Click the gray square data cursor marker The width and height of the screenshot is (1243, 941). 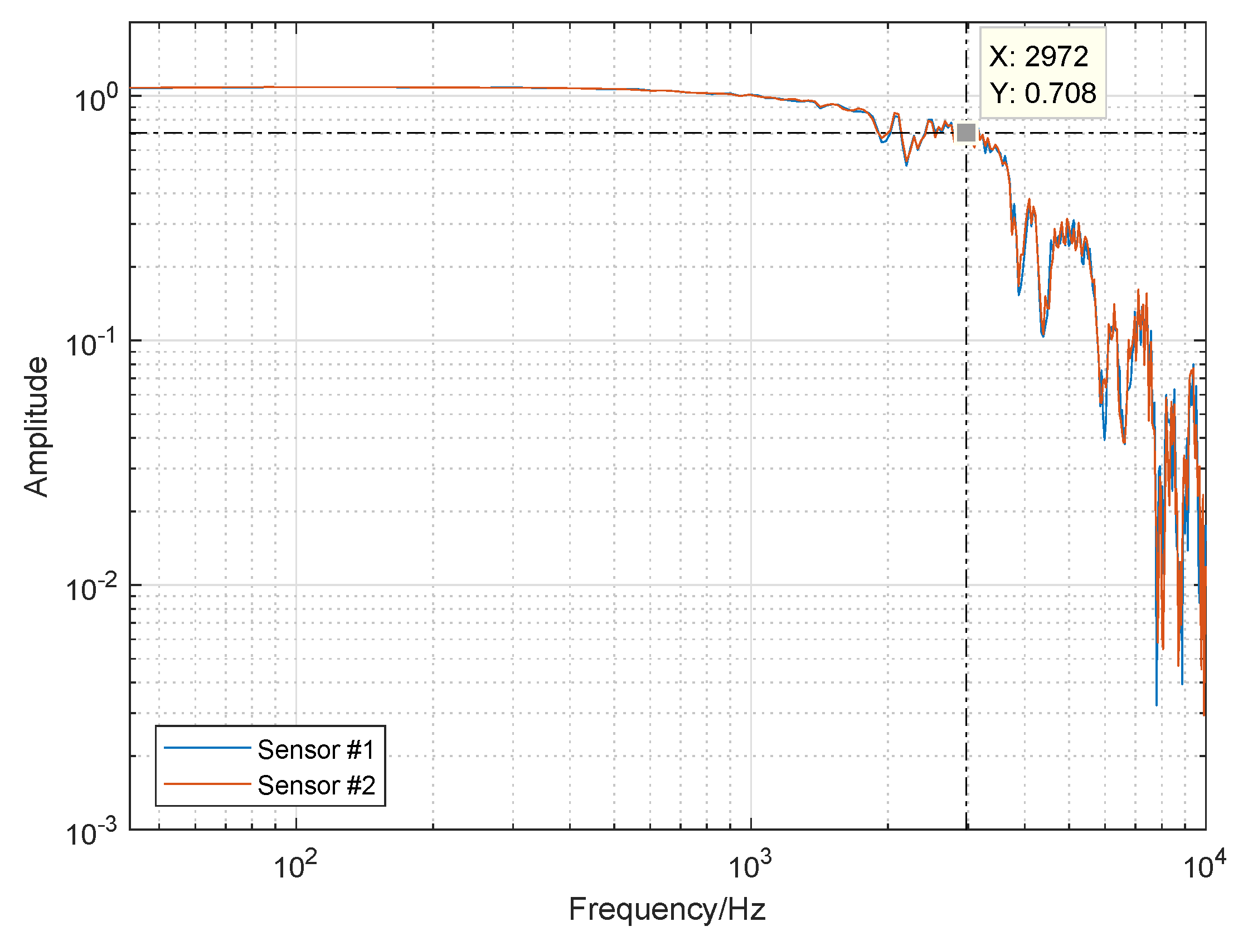point(966,133)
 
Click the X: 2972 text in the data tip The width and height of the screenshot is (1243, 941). point(1038,57)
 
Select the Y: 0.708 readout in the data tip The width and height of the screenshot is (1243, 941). point(1043,93)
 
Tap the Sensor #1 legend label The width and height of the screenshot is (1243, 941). point(316,750)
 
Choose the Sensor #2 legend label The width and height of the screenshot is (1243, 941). point(316,786)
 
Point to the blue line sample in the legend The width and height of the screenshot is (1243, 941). point(207,748)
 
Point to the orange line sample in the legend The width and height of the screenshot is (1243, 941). point(207,784)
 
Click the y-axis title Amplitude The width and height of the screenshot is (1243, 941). point(36,427)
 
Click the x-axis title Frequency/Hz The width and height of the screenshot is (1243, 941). point(667,909)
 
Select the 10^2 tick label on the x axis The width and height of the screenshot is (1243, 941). point(295,865)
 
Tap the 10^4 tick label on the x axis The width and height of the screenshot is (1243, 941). point(1204,865)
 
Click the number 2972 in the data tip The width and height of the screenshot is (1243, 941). point(1056,57)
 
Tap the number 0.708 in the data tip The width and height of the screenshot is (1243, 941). point(1060,93)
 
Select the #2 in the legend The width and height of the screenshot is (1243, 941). point(361,786)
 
